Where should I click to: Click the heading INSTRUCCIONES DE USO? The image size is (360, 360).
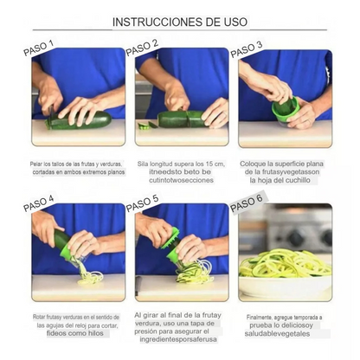(179, 20)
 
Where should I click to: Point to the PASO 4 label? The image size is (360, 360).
(39, 204)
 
